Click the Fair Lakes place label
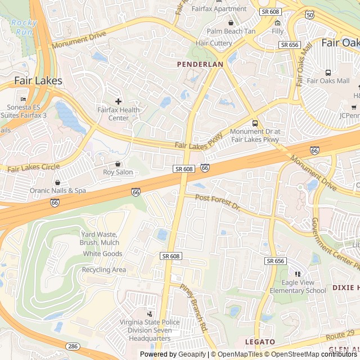pyautogui.click(x=38, y=81)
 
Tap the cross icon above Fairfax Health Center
pyautogui.click(x=118, y=101)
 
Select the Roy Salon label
pyautogui.click(x=118, y=172)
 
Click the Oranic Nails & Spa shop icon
pyautogui.click(x=57, y=182)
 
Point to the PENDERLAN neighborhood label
pyautogui.click(x=200, y=65)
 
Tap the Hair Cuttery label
pyautogui.click(x=214, y=43)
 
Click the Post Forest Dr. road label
pyautogui.click(x=217, y=202)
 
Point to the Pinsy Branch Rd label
pyautogui.click(x=194, y=307)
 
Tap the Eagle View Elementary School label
pyautogui.click(x=298, y=287)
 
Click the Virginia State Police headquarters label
pyautogui.click(x=149, y=331)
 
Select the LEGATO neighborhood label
pyautogui.click(x=260, y=342)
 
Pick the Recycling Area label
pyautogui.click(x=104, y=270)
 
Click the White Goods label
pyautogui.click(x=102, y=254)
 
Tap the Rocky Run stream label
pyautogui.click(x=24, y=27)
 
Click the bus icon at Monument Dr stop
pyautogui.click(x=255, y=123)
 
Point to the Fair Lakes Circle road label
pyautogui.click(x=34, y=167)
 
